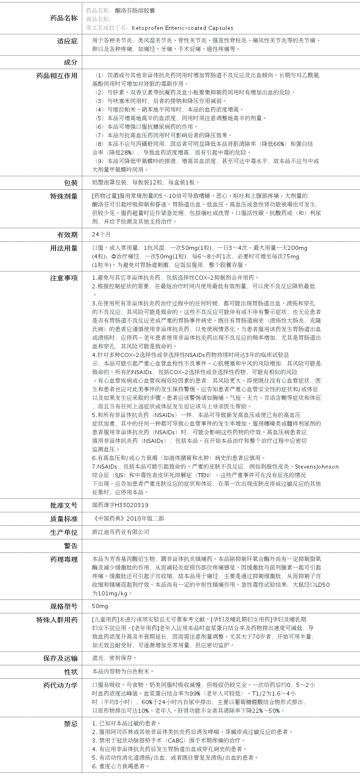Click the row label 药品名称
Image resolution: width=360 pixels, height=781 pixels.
(x=63, y=18)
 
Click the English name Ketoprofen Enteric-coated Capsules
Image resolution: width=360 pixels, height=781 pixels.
(x=182, y=28)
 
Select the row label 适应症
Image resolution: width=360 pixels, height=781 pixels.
(x=67, y=41)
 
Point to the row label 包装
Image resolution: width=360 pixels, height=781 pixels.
(x=70, y=182)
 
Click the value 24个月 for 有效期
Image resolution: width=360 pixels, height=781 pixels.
(x=101, y=234)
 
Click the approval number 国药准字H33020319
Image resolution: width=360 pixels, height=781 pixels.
(x=120, y=505)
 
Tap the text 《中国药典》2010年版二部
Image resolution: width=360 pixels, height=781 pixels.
(x=128, y=518)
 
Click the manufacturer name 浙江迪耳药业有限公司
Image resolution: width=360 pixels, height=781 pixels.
(x=121, y=532)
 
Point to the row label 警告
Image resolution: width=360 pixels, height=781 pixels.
(x=70, y=546)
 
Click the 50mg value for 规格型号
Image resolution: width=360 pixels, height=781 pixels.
(x=100, y=606)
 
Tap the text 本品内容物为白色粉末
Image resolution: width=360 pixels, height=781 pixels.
(x=123, y=671)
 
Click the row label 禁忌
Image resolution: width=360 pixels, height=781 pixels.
(x=70, y=724)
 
